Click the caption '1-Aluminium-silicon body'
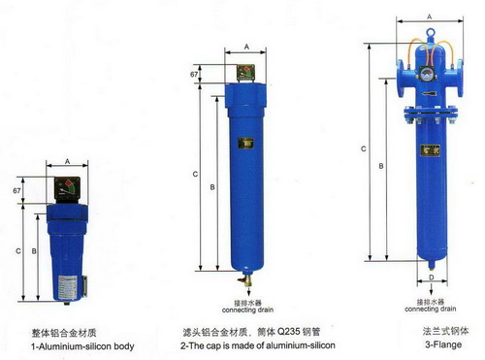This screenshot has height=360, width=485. click(82, 346)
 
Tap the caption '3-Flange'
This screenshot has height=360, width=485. click(443, 344)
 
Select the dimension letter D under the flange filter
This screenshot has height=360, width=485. click(432, 278)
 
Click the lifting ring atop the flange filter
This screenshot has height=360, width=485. click(431, 33)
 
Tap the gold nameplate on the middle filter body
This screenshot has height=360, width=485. click(246, 143)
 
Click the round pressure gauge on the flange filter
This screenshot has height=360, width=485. click(428, 74)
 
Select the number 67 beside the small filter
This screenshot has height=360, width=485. click(16, 191)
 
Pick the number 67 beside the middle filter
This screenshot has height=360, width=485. click(194, 75)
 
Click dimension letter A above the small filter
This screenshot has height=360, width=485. click(67, 161)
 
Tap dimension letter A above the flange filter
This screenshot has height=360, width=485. click(430, 16)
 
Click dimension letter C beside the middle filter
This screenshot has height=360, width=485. click(195, 175)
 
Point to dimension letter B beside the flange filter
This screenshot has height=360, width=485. click(381, 166)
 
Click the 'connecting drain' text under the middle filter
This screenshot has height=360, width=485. click(247, 310)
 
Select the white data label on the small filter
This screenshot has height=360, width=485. click(67, 288)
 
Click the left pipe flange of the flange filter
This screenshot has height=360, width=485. click(401, 78)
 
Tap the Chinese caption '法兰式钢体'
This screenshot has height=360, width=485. click(445, 331)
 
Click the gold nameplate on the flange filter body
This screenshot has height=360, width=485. click(430, 150)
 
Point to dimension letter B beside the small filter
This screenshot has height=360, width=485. click(34, 251)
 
